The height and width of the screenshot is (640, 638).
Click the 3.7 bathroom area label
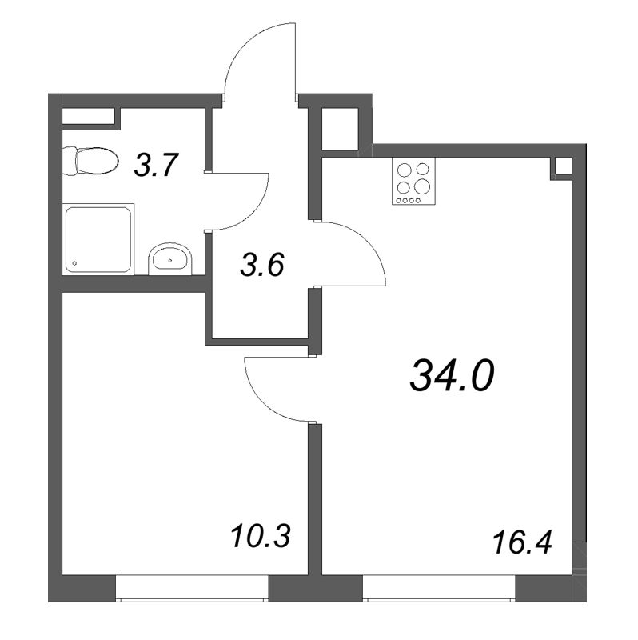157,165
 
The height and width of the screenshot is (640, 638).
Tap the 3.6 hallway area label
261,265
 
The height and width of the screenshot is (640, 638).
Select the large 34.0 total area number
452,376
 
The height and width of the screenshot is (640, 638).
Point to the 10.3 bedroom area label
261,536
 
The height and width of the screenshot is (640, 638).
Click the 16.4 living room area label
522,543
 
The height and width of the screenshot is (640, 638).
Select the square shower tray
98,238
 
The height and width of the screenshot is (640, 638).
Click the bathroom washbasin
169,258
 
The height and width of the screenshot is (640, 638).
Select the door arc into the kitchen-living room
366,242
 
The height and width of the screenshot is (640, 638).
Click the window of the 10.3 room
192,588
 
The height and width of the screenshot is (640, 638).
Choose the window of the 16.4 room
439,588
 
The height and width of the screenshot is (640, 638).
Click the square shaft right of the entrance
341,129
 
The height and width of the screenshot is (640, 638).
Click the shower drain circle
74,263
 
